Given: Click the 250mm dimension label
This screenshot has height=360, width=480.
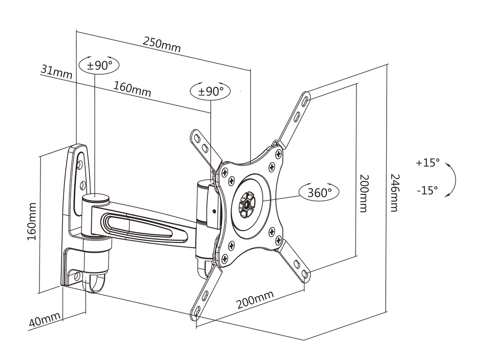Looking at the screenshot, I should pyautogui.click(x=162, y=44).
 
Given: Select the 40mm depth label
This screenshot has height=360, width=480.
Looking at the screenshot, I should pyautogui.click(x=44, y=320).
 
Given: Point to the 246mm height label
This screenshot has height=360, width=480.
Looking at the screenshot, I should pyautogui.click(x=394, y=192).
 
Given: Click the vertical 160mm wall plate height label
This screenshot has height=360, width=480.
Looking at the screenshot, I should pyautogui.click(x=32, y=221).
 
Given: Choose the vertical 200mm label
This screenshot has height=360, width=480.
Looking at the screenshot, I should pyautogui.click(x=363, y=192).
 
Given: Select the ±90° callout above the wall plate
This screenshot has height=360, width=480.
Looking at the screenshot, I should pyautogui.click(x=99, y=66).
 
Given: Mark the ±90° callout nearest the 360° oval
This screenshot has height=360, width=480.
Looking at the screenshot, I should pyautogui.click(x=210, y=91).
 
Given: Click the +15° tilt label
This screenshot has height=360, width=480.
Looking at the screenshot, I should pyautogui.click(x=428, y=163).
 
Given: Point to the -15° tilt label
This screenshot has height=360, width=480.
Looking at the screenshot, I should pyautogui.click(x=428, y=190).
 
